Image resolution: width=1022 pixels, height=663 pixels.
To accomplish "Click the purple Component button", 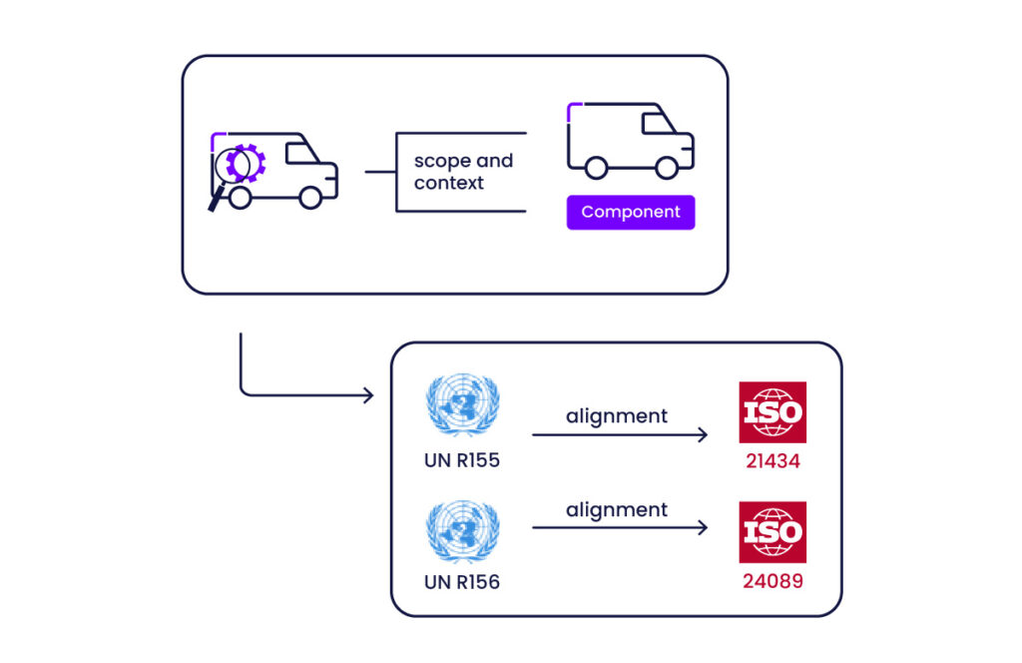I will click(x=630, y=213).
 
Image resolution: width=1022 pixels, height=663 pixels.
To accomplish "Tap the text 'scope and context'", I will click(x=463, y=172).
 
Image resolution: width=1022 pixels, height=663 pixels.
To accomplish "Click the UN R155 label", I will click(x=462, y=461).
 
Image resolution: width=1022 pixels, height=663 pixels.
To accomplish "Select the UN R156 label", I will click(x=462, y=581).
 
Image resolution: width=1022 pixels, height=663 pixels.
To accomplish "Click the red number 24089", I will click(x=772, y=580).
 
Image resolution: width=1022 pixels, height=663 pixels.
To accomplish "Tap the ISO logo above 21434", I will click(x=772, y=411).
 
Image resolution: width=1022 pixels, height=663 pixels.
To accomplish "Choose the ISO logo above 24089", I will click(x=772, y=531).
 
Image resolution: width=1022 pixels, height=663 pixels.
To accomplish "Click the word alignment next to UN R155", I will click(x=617, y=415).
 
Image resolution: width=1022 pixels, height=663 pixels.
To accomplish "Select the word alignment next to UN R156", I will click(x=617, y=510).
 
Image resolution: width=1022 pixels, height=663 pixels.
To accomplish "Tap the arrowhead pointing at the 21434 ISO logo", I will click(x=703, y=434).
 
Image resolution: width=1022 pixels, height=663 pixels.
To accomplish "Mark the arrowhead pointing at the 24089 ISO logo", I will click(x=703, y=527).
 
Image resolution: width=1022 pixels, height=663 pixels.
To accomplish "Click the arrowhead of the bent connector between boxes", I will click(x=368, y=395).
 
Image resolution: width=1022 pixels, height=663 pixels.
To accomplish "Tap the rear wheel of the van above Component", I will click(x=596, y=169).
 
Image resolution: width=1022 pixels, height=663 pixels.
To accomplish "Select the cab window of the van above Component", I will click(x=656, y=124).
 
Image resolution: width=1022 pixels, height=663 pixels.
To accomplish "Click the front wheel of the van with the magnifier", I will click(x=310, y=198).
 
